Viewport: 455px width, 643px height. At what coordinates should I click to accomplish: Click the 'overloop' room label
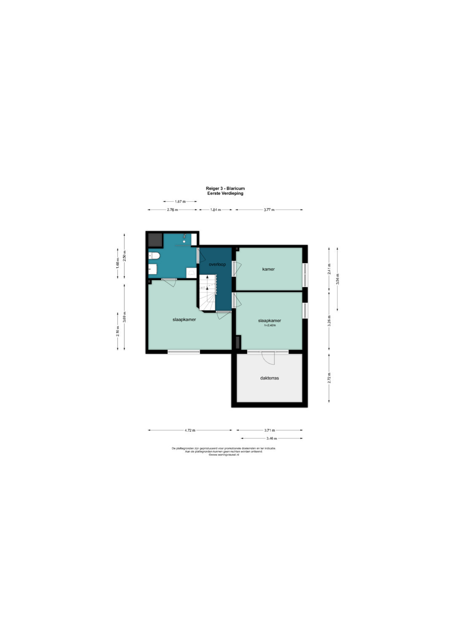pos(217,265)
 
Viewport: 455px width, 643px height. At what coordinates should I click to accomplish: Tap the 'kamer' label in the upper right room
pos(268,269)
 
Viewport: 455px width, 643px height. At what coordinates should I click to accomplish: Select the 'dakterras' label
pos(269,378)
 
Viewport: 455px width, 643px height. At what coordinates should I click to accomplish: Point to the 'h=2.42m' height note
pos(270,326)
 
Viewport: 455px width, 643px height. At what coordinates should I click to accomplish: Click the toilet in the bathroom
pos(153,255)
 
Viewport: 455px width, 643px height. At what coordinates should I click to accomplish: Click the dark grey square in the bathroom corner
pos(155,240)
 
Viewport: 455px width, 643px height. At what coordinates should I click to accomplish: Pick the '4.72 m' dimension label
pos(190,430)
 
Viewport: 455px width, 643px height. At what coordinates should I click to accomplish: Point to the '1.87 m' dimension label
pos(180,202)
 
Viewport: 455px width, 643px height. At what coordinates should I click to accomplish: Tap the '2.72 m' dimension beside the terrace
pos(329,377)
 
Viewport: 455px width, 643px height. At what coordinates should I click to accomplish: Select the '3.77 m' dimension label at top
pos(269,210)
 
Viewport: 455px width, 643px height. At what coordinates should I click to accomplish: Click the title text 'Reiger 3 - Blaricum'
pos(225,189)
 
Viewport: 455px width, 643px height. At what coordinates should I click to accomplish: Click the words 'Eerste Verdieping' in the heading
pos(225,194)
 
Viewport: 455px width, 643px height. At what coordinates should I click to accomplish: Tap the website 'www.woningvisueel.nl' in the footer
pos(224,455)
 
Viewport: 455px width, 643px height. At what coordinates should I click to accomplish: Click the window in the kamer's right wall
pos(305,275)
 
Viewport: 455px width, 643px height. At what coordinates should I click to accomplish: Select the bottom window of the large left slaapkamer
pos(184,352)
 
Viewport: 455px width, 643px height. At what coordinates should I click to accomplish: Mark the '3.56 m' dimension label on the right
pos(337,279)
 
